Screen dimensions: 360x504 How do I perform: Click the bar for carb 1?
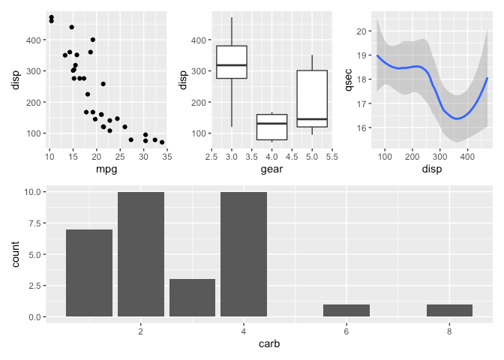pyautogui.click(x=88, y=273)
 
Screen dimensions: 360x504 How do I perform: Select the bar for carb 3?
pyautogui.click(x=192, y=298)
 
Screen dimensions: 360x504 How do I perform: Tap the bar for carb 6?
pyautogui.click(x=346, y=310)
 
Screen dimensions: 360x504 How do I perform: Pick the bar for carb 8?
pyautogui.click(x=449, y=310)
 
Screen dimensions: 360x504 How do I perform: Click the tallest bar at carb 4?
pyautogui.click(x=244, y=254)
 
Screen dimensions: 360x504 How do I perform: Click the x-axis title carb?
pyautogui.click(x=269, y=344)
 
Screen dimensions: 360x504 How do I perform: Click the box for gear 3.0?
pyautogui.click(x=232, y=62)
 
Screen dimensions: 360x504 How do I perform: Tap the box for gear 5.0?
pyautogui.click(x=312, y=99)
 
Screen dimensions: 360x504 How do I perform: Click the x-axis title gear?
pyautogui.click(x=271, y=169)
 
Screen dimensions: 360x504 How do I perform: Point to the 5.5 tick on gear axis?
pyautogui.click(x=331, y=156)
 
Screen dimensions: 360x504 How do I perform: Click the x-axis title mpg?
pyautogui.click(x=105, y=169)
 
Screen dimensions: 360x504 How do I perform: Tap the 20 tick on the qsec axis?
pyautogui.click(x=364, y=31)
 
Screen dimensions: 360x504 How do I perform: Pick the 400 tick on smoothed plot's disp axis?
pyautogui.click(x=467, y=156)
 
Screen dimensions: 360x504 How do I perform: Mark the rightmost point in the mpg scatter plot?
pyautogui.click(x=162, y=142)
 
